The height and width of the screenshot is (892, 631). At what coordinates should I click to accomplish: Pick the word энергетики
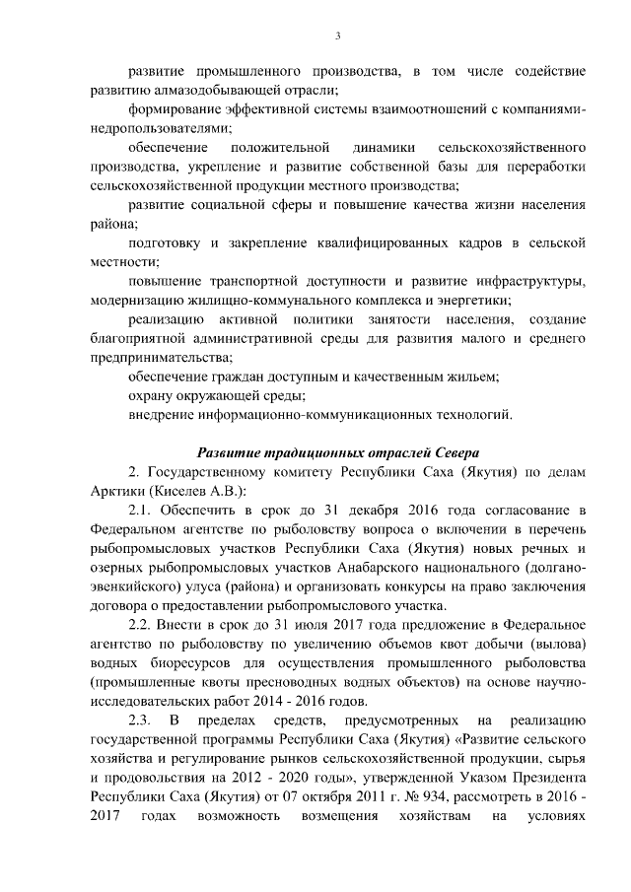[x=477, y=300]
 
